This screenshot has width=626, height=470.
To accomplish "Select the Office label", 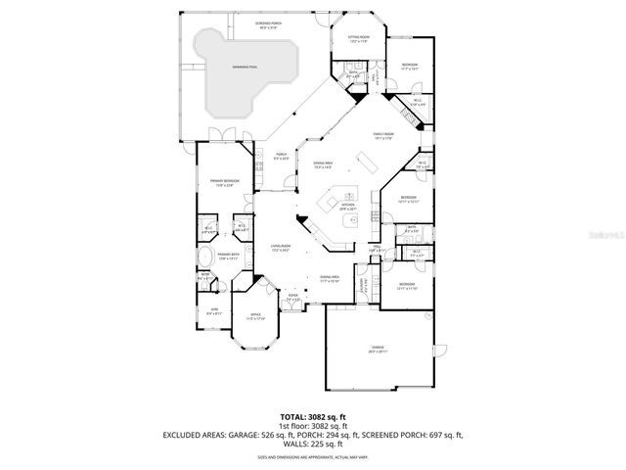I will click(257, 316).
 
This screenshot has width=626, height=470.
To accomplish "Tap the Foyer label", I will click(292, 297).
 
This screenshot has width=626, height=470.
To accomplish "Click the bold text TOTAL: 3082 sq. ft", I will click(312, 416).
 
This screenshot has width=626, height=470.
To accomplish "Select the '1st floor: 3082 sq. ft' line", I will click(312, 426).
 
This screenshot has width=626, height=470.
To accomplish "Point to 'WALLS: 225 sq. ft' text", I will click(312, 446).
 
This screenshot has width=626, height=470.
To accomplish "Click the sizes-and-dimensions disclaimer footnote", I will click(312, 456).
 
